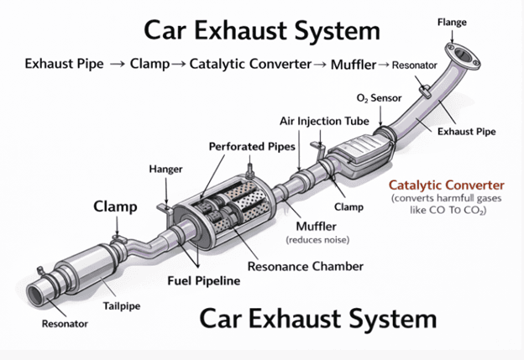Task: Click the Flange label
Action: [x=452, y=23]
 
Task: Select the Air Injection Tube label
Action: [x=323, y=121]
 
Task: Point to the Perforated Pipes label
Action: [x=252, y=147]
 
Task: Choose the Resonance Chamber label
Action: [x=305, y=266]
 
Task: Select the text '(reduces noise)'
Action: [x=318, y=240]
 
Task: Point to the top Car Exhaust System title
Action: [x=262, y=32]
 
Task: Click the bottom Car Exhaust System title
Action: [x=318, y=320]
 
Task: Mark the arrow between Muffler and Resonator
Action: [x=383, y=65]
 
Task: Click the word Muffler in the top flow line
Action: [x=353, y=64]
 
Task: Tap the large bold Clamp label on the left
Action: [x=116, y=206]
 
